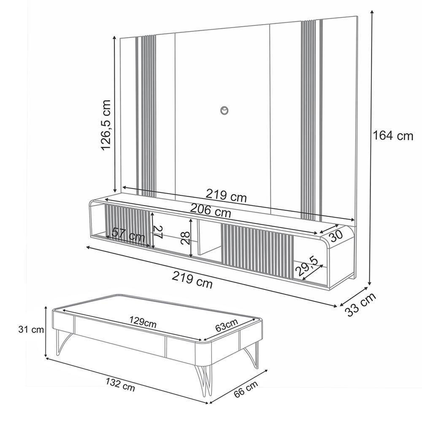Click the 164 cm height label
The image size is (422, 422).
click(393, 136)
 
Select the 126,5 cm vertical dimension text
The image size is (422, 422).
click(105, 125)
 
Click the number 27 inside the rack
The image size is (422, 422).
click(157, 233)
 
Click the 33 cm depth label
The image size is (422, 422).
click(360, 305)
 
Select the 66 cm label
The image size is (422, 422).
click(246, 389)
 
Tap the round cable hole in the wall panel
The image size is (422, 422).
click(224, 110)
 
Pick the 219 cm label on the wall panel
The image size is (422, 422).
click(226, 195)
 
